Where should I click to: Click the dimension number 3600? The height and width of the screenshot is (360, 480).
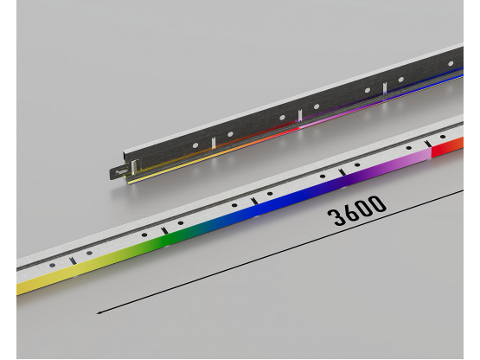[357, 211]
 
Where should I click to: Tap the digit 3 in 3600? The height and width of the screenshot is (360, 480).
[335, 217]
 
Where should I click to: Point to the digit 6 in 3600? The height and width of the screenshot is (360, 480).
[349, 212]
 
